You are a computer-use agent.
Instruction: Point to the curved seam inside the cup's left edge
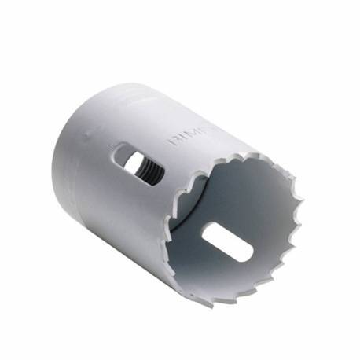(179, 236)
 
